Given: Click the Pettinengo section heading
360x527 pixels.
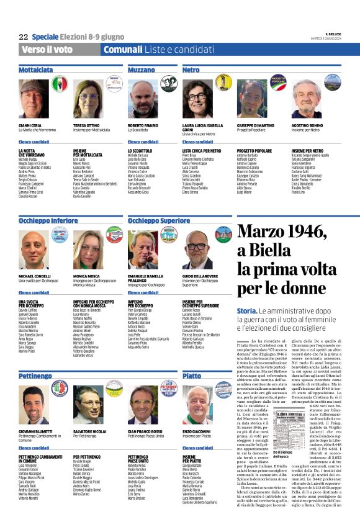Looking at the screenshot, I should [35, 377].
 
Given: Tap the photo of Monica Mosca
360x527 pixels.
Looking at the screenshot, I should [88, 250].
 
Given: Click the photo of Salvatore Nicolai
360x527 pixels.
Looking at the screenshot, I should [88, 405].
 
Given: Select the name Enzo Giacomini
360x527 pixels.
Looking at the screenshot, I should [199, 430].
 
